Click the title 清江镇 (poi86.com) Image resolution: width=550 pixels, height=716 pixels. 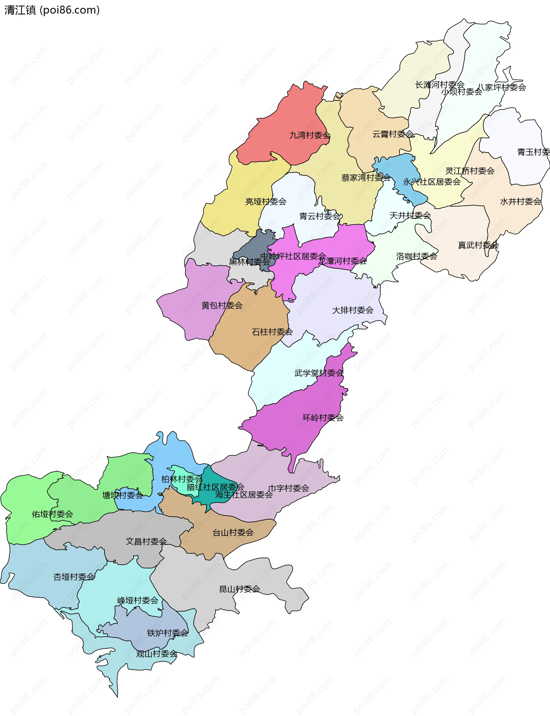point(52,10)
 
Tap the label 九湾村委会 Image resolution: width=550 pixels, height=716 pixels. point(310,135)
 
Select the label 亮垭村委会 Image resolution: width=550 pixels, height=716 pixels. point(266,202)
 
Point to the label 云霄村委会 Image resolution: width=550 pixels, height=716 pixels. point(393,134)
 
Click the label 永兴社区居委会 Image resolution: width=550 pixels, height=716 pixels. point(431,182)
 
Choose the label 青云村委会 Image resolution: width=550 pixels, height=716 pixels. point(320,216)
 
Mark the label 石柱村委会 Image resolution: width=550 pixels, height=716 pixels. point(272,332)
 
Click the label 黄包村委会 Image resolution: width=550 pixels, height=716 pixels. point(222,305)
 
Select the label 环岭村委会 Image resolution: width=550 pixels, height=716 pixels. point(323,418)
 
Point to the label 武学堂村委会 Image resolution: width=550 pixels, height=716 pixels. point(319,373)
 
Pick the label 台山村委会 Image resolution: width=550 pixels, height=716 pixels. point(233,533)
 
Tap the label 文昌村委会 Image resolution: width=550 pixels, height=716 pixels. point(146,542)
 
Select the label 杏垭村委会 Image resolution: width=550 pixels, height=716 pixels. point(74,577)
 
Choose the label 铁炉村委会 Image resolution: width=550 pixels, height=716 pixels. point(168,633)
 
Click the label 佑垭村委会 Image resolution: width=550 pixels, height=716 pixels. point(52,514)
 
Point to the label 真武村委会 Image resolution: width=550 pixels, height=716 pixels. point(478,245)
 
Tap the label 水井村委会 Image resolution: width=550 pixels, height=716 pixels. point(520,202)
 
